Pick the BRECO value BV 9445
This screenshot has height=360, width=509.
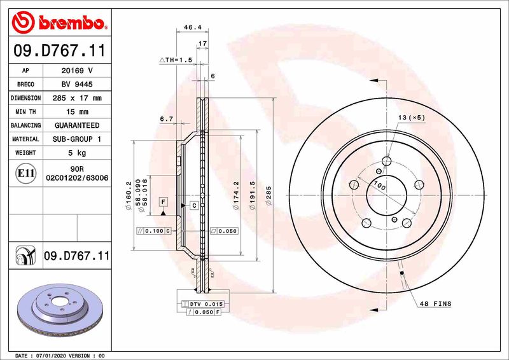click(76, 85)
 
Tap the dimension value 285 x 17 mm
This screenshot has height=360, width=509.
click(76, 99)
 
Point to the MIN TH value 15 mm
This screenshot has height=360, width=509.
click(76, 112)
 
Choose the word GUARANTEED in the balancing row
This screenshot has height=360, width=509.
click(76, 126)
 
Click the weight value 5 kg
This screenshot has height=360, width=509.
click(76, 153)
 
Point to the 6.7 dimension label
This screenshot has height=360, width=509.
click(167, 119)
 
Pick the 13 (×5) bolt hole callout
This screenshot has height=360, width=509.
click(412, 118)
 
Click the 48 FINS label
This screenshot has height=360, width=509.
click(435, 304)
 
